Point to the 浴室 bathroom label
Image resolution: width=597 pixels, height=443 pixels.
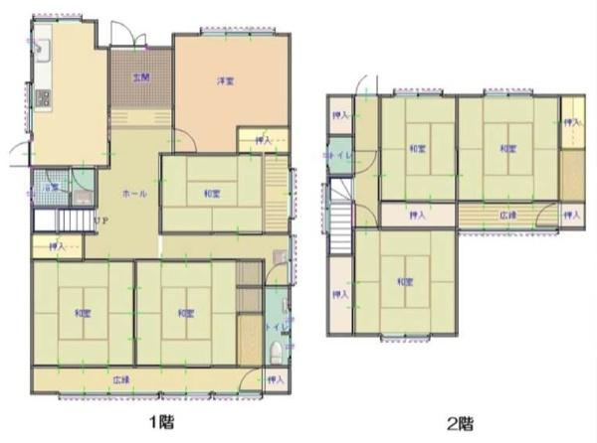click(x=48, y=186)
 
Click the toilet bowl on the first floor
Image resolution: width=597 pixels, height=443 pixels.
click(x=278, y=349)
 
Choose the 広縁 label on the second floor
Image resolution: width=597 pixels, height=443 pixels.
click(x=507, y=215)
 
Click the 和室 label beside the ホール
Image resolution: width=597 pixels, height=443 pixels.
click(x=212, y=194)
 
